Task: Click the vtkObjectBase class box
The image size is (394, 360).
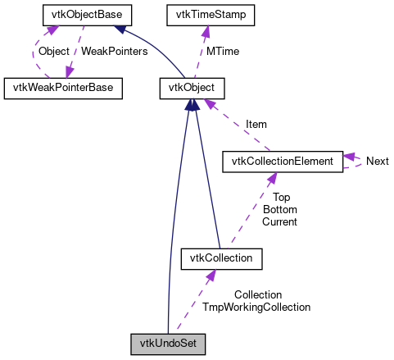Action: (82, 15)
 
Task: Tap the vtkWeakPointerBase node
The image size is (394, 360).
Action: (63, 87)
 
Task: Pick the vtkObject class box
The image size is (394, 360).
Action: (191, 87)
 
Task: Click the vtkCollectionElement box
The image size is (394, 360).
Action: (282, 161)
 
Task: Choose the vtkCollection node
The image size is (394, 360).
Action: (220, 258)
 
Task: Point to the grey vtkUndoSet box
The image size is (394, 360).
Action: (167, 344)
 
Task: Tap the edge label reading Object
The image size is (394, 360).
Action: (54, 51)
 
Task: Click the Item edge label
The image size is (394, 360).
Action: (256, 124)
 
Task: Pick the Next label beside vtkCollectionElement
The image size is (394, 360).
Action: (377, 162)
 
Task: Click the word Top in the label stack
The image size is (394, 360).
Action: (281, 198)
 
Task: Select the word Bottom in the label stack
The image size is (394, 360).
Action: (280, 209)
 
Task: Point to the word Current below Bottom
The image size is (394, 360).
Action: (280, 221)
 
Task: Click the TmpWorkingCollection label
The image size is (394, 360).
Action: (256, 307)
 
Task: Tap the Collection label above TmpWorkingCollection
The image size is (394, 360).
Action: (257, 294)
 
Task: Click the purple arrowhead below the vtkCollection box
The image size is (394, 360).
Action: (210, 276)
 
